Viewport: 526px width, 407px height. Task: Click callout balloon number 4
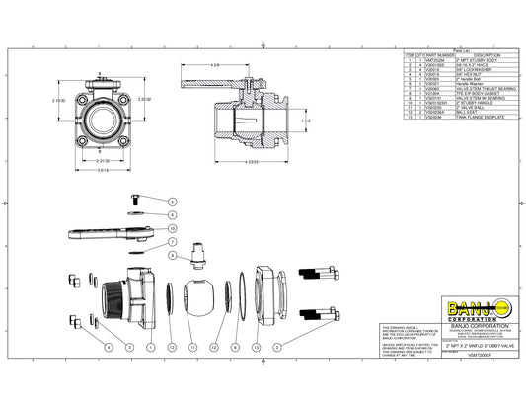point(108,348)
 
